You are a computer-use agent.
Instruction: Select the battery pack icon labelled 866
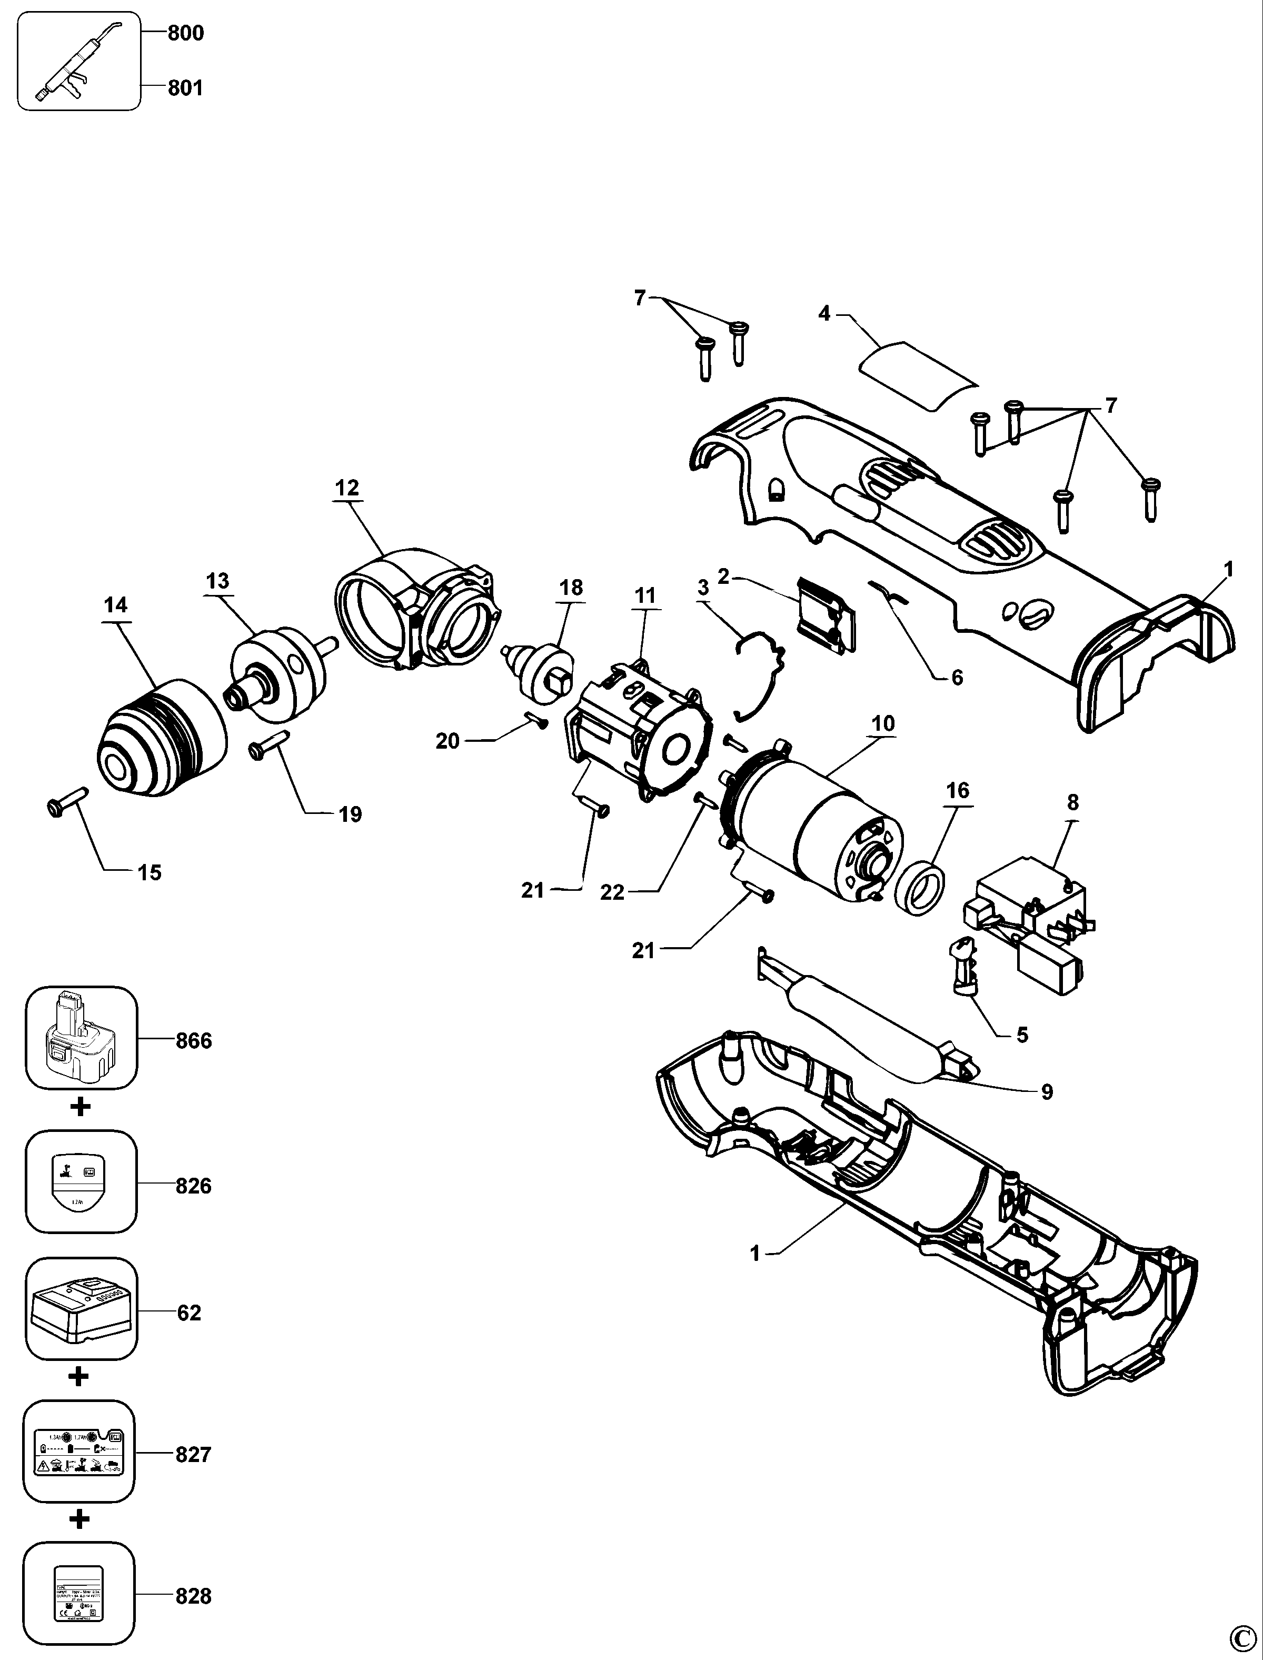(81, 1038)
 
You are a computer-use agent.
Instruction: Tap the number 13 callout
(217, 581)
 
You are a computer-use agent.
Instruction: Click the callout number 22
(612, 892)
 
